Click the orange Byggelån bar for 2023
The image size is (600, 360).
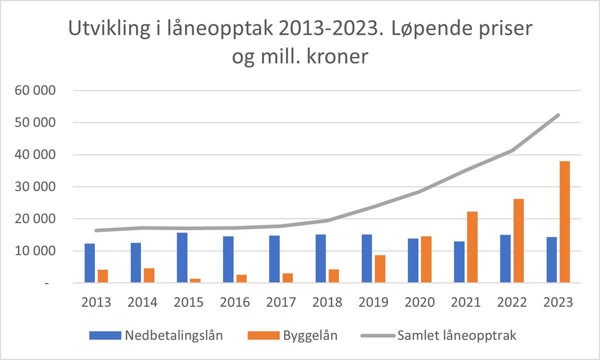(x=565, y=222)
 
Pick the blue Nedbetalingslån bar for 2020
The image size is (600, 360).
(x=413, y=260)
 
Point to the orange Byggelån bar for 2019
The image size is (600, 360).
(x=380, y=269)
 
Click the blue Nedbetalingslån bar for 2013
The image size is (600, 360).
(x=89, y=263)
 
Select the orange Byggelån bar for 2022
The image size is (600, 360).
(x=518, y=240)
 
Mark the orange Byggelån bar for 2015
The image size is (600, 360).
(x=195, y=280)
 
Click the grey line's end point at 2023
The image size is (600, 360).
(x=558, y=115)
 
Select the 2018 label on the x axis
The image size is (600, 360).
(x=327, y=302)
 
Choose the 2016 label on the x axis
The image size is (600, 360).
(x=235, y=302)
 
